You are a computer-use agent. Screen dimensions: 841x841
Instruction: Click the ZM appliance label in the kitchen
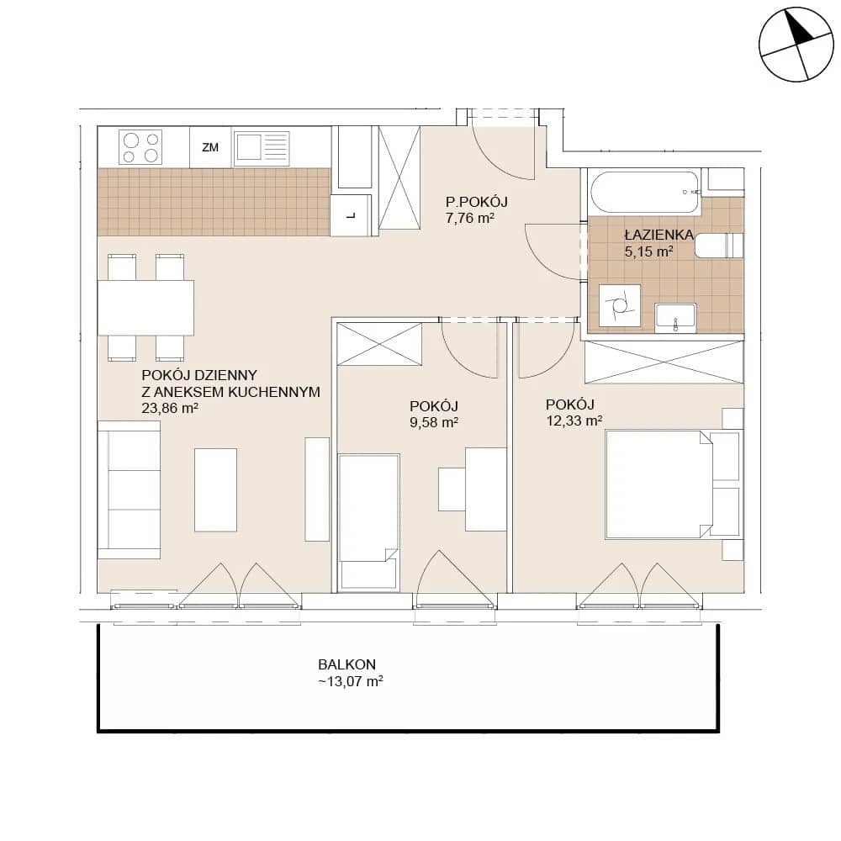[210, 147]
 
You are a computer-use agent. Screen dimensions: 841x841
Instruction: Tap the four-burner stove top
[140, 147]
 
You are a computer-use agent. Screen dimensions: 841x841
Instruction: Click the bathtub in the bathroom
[644, 192]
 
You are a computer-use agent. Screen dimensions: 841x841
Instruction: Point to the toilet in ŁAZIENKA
[719, 246]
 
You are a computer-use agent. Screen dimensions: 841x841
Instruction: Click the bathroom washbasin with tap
[675, 318]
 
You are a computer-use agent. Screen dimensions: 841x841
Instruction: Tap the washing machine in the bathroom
[620, 306]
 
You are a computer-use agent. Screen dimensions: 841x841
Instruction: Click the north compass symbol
[796, 45]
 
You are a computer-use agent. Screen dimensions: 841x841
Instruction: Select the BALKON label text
[346, 664]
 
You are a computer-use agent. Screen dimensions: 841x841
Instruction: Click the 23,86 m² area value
[170, 408]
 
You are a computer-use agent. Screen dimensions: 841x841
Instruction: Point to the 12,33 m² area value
[574, 420]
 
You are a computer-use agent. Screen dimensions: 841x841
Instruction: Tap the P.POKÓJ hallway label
[476, 202]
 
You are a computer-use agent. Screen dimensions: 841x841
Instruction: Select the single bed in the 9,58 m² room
[369, 523]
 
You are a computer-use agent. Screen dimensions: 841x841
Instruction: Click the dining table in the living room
[145, 307]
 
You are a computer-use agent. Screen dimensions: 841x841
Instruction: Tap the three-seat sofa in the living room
[129, 489]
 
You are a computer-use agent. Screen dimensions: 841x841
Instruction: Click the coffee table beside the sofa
[215, 489]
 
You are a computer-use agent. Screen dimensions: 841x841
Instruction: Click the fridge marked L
[352, 215]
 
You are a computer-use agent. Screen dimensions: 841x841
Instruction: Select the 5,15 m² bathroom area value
[649, 251]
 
